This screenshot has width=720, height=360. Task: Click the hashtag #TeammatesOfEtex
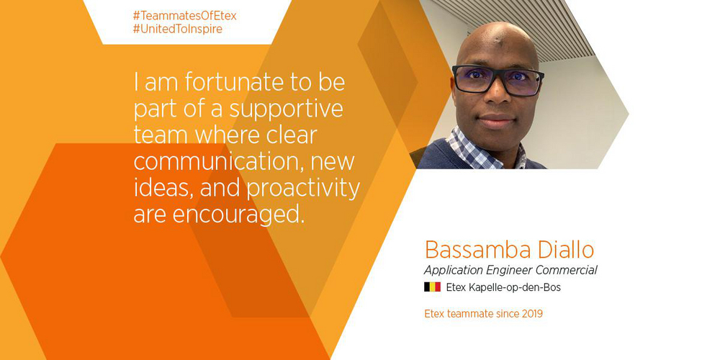[184, 17]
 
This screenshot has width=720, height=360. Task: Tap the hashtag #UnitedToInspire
[178, 30]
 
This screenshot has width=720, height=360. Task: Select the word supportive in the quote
[287, 112]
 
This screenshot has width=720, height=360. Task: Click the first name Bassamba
[479, 250]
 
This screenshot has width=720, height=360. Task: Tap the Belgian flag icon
[432, 287]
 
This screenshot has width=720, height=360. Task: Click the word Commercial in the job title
[567, 270]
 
